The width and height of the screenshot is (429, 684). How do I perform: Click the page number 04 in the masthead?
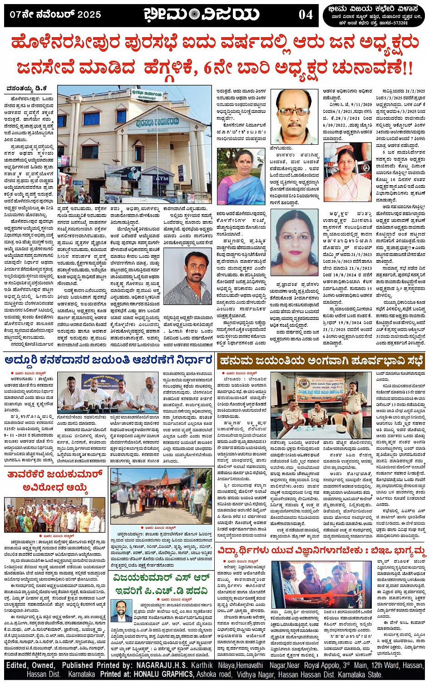306,15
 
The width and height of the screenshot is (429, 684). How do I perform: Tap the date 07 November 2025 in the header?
55,15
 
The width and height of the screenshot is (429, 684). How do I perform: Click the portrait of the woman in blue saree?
241,176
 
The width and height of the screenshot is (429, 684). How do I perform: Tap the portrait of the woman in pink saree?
348,174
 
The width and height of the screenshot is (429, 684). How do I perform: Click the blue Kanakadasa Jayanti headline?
109,361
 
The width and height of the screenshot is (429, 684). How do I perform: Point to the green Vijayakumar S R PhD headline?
162,584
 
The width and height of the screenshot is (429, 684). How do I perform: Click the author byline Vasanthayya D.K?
26,89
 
